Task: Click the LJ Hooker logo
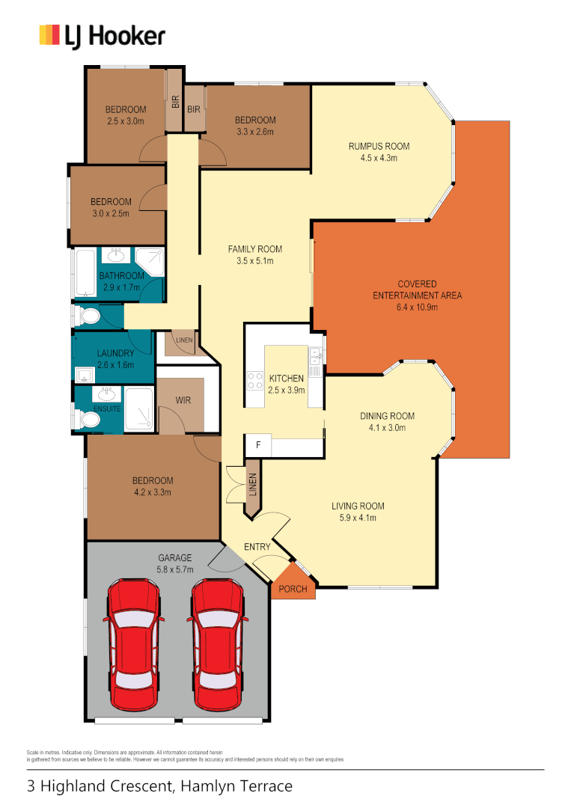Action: point(102,35)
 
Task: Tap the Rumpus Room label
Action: point(379,146)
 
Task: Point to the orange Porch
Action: point(293,588)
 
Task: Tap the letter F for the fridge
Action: point(258,445)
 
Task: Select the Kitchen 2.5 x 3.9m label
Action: point(286,384)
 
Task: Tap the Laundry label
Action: point(115,353)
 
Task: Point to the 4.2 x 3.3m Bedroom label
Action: point(153,486)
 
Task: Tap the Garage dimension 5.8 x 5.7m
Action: point(175,569)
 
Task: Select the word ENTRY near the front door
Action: point(257,547)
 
